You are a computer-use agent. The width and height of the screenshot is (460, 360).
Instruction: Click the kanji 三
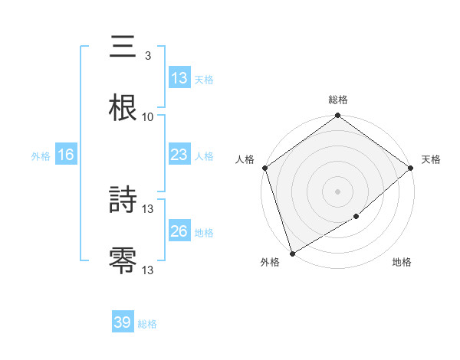click(x=123, y=47)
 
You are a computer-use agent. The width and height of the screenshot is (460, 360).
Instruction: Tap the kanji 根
click(x=123, y=108)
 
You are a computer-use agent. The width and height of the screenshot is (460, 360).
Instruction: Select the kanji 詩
click(x=123, y=201)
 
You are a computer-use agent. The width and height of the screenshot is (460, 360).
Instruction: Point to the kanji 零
click(x=123, y=261)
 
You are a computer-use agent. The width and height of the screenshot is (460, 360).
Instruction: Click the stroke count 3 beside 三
click(x=147, y=56)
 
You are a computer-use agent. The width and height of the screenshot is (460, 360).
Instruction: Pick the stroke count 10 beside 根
click(x=147, y=116)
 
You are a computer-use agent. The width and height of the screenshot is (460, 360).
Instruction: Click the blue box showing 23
click(x=179, y=155)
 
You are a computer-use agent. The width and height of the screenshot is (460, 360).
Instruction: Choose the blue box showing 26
click(x=179, y=231)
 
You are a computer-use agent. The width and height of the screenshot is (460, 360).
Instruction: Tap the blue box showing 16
click(x=66, y=155)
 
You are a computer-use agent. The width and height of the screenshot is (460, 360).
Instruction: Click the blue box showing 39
click(x=122, y=322)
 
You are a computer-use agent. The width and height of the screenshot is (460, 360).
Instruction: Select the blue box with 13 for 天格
click(x=179, y=78)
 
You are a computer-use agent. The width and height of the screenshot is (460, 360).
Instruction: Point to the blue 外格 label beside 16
click(x=41, y=156)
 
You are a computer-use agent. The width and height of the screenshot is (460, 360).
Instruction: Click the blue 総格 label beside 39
click(x=147, y=324)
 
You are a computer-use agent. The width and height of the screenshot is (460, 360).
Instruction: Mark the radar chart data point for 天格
click(x=411, y=168)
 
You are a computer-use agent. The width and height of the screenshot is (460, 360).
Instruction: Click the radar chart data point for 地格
click(x=356, y=217)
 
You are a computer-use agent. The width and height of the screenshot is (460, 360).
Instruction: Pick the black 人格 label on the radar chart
click(x=245, y=159)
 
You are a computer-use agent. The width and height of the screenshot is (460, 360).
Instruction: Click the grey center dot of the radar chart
click(x=337, y=191)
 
